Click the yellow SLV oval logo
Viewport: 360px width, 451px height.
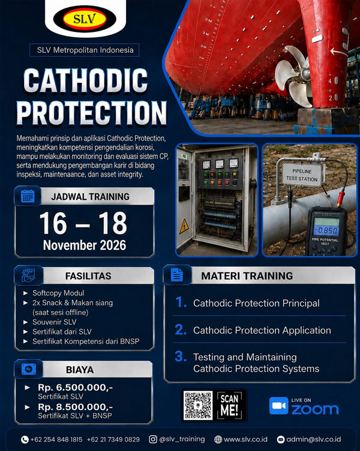pos(85,19)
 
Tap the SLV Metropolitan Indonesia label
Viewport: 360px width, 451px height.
pos(85,50)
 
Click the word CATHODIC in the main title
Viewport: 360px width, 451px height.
pos(85,81)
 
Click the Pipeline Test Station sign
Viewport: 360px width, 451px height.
pos(302,175)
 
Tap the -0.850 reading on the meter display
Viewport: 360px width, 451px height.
pos(326,230)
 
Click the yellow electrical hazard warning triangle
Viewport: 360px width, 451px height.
pos(184,226)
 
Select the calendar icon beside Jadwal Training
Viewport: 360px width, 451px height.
pos(28,196)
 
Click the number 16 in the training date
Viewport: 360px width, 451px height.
pos(53,223)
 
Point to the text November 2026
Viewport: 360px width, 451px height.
pos(85,246)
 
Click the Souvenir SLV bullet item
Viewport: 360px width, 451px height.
pos(55,322)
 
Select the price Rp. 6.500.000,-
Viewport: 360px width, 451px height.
pos(75,387)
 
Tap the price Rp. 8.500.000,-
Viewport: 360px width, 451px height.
pos(75,407)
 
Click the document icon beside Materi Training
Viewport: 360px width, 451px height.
pos(176,274)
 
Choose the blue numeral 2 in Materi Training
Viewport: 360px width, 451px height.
pos(181,330)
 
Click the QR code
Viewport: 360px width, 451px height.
pos(198,405)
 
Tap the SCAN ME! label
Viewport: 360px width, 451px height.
pos(229,405)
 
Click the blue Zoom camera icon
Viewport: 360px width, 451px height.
pos(278,405)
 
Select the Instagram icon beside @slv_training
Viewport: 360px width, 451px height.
pos(153,439)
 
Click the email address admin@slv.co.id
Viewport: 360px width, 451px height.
pos(313,440)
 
